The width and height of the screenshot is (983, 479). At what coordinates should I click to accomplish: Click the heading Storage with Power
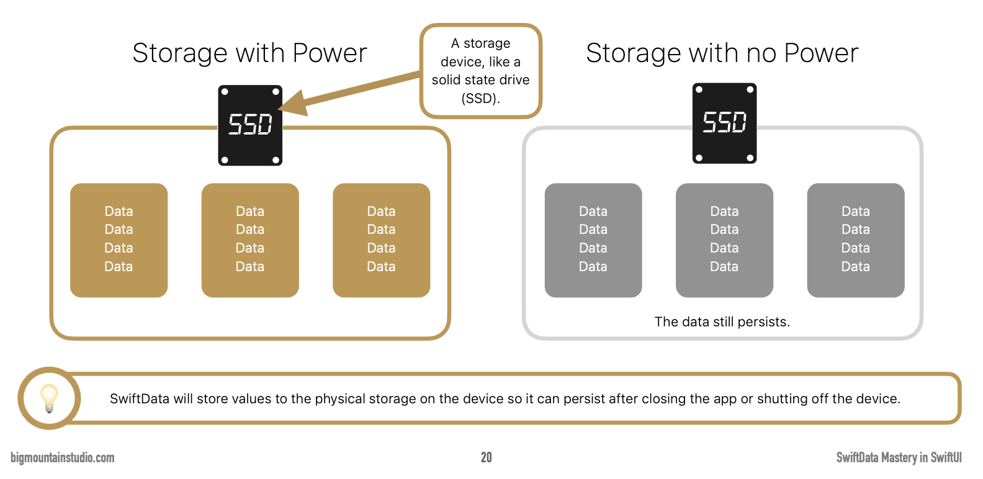coord(249,53)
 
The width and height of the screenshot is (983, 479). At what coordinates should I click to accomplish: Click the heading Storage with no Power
coord(722,53)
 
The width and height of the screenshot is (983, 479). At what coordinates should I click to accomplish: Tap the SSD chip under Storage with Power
coord(250,125)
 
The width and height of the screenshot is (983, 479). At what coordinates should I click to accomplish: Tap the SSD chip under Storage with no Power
coord(724,123)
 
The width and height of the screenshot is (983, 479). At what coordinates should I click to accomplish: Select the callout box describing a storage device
coord(481,71)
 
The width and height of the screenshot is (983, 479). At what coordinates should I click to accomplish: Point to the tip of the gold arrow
coord(281,110)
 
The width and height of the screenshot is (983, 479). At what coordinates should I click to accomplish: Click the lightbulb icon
coord(49,398)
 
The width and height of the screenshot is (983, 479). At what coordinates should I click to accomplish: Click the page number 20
coord(487,457)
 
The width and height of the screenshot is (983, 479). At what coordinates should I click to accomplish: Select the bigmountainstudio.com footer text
coord(63,458)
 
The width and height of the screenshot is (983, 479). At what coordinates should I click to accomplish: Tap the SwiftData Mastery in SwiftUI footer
coord(899,458)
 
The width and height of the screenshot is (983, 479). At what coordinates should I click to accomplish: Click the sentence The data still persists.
coord(722,322)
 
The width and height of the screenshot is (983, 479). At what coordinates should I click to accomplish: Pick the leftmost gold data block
coord(119,239)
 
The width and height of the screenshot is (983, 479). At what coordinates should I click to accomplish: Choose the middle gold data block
coord(250,239)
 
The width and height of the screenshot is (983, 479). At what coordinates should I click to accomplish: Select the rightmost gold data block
coord(381,239)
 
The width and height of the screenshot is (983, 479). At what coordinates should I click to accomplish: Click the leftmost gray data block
coord(593,239)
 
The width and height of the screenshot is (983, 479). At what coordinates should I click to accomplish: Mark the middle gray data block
coord(724,239)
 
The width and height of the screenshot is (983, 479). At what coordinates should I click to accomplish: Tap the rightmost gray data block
coord(855,239)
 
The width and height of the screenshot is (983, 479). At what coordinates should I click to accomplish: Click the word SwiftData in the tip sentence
coord(139,399)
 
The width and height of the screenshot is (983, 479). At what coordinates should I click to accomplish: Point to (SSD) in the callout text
coord(480,99)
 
